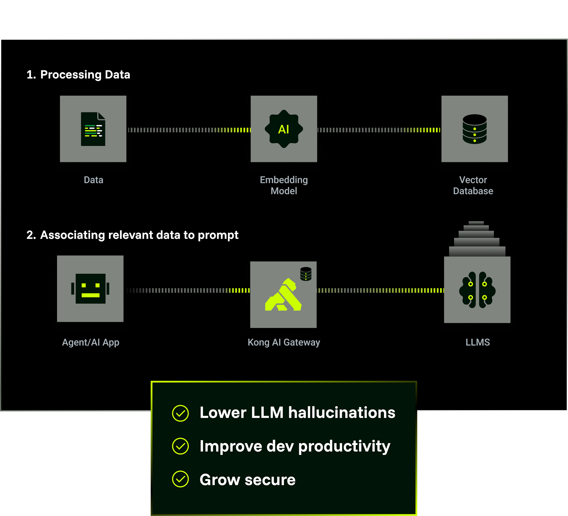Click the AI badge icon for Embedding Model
[x=284, y=129]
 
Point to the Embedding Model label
[x=284, y=185]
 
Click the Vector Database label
[x=473, y=185]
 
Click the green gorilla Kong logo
[x=283, y=295]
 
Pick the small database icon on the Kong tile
[x=306, y=274]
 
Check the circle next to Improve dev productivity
[x=180, y=446]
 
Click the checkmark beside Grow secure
[x=180, y=479]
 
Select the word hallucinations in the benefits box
[x=342, y=413]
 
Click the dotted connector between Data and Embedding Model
[x=189, y=130]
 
